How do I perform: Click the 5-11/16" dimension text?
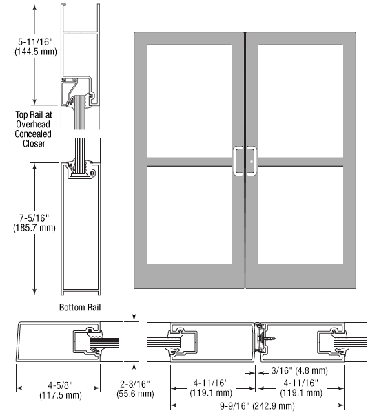tap(35, 42)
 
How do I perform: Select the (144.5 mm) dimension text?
tap(36, 52)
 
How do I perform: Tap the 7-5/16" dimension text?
tap(34, 218)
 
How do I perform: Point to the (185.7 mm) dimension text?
tap(34, 228)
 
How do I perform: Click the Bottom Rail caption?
tap(80, 308)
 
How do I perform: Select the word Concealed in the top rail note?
tap(33, 134)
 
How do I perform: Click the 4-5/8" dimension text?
tap(60, 385)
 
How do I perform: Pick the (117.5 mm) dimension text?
tap(61, 395)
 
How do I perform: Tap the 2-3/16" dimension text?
tap(135, 384)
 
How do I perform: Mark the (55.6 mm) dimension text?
tap(135, 394)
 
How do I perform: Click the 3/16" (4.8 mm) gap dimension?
tap(299, 370)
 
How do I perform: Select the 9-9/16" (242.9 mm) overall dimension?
tap(257, 406)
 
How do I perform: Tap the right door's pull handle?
tap(252, 161)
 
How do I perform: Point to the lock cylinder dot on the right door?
tap(252, 162)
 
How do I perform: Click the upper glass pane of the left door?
tap(189, 101)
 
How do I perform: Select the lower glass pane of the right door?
tap(300, 215)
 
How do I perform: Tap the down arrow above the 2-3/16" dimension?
tap(134, 315)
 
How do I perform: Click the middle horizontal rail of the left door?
tap(189, 162)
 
